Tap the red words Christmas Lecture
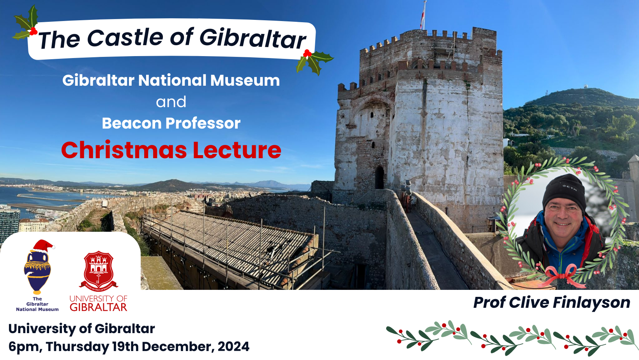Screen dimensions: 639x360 [x=171, y=150]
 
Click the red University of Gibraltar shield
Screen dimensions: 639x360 [x=99, y=270]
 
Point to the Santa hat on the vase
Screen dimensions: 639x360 [x=43, y=246]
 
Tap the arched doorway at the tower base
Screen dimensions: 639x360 [x=380, y=178]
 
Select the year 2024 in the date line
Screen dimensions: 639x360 [x=234, y=347]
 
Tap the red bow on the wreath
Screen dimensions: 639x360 [x=562, y=275]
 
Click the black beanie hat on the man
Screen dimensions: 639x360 [x=564, y=190]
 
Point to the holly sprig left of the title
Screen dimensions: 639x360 [x=26, y=23]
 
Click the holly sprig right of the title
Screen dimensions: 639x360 [x=314, y=61]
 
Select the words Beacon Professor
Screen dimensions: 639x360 [x=171, y=123]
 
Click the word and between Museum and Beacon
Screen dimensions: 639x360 [x=171, y=102]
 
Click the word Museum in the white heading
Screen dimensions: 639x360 [x=245, y=80]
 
